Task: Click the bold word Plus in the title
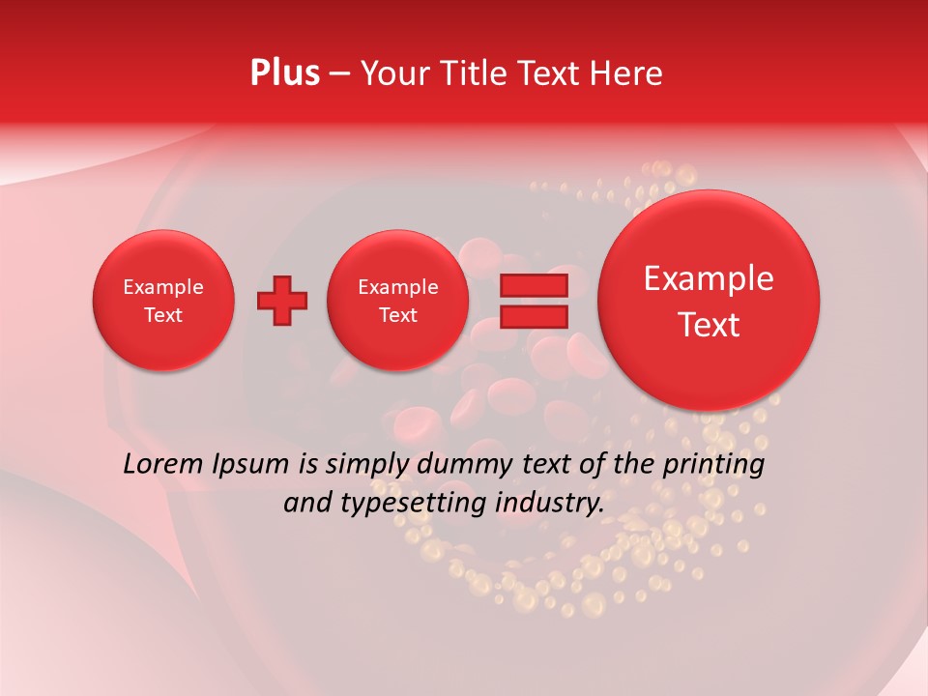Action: pyautogui.click(x=284, y=73)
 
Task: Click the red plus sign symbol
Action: pyautogui.click(x=282, y=300)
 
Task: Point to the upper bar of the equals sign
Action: pyautogui.click(x=534, y=285)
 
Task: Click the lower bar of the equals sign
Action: pyautogui.click(x=534, y=316)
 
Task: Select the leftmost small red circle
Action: pyautogui.click(x=163, y=300)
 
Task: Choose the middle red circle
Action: pyautogui.click(x=397, y=300)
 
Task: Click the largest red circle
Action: pyautogui.click(x=709, y=300)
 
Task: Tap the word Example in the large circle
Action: pyautogui.click(x=709, y=278)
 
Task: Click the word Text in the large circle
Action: pyautogui.click(x=709, y=325)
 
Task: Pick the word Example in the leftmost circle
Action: pyautogui.click(x=163, y=287)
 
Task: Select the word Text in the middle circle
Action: pyautogui.click(x=397, y=315)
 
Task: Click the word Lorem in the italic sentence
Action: pyautogui.click(x=163, y=464)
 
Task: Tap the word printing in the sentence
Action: pyautogui.click(x=712, y=465)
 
